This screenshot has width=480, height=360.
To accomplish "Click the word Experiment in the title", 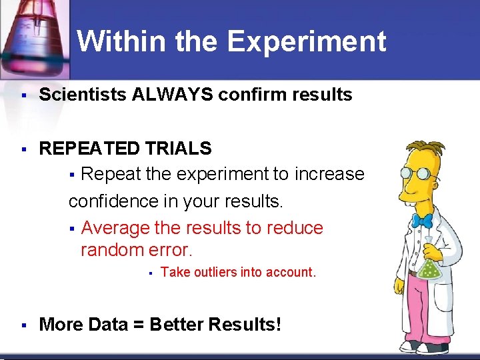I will pos(306,41).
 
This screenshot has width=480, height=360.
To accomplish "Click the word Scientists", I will pos(83,95).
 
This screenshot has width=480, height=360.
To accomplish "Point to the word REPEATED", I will pos(90,148).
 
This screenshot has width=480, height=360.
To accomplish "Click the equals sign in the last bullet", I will pos(137,325).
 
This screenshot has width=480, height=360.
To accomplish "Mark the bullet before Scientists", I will pos(23,96).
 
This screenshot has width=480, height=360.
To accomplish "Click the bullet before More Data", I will pos(23,325).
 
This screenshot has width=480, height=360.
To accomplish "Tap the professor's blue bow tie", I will pos(422,219).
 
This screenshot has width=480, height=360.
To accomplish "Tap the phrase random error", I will pos(136,250).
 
